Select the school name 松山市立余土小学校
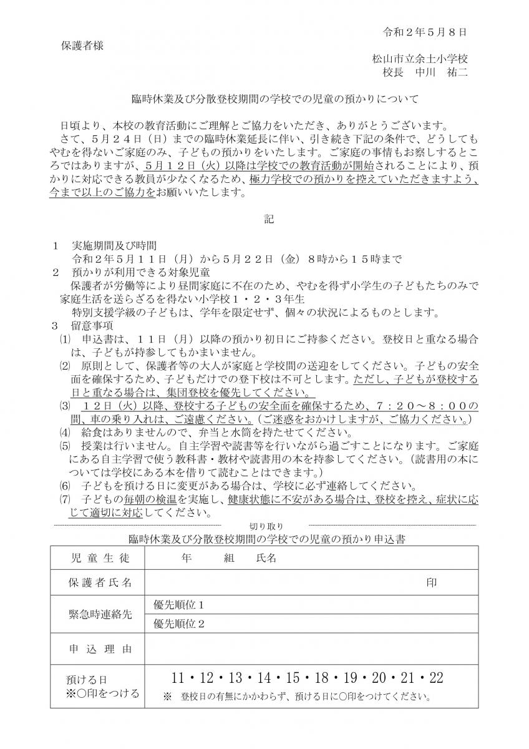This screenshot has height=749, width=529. (x=420, y=59)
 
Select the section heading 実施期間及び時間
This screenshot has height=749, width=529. (x=114, y=245)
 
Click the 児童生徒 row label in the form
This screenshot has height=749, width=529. (x=99, y=558)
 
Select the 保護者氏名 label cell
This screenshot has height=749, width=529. (x=99, y=582)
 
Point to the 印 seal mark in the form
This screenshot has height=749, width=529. (x=431, y=582)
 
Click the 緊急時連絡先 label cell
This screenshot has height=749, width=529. (x=99, y=615)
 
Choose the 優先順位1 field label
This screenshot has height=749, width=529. (x=179, y=605)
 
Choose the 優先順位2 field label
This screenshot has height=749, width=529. (x=179, y=624)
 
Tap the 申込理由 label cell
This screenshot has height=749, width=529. (x=99, y=650)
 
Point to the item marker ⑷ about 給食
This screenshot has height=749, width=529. (x=66, y=433)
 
